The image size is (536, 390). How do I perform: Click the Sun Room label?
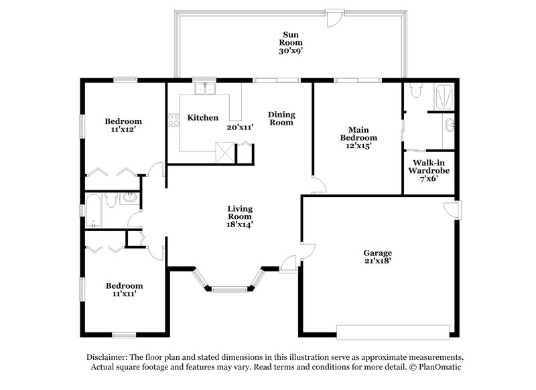tap(290, 40)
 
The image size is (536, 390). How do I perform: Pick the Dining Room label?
tap(281, 119)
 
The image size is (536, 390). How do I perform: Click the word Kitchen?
tap(202, 118)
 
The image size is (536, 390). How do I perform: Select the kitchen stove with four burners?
tap(173, 120)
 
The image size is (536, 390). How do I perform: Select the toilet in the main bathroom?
tap(415, 90)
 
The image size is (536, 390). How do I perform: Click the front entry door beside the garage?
tap(289, 263)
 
